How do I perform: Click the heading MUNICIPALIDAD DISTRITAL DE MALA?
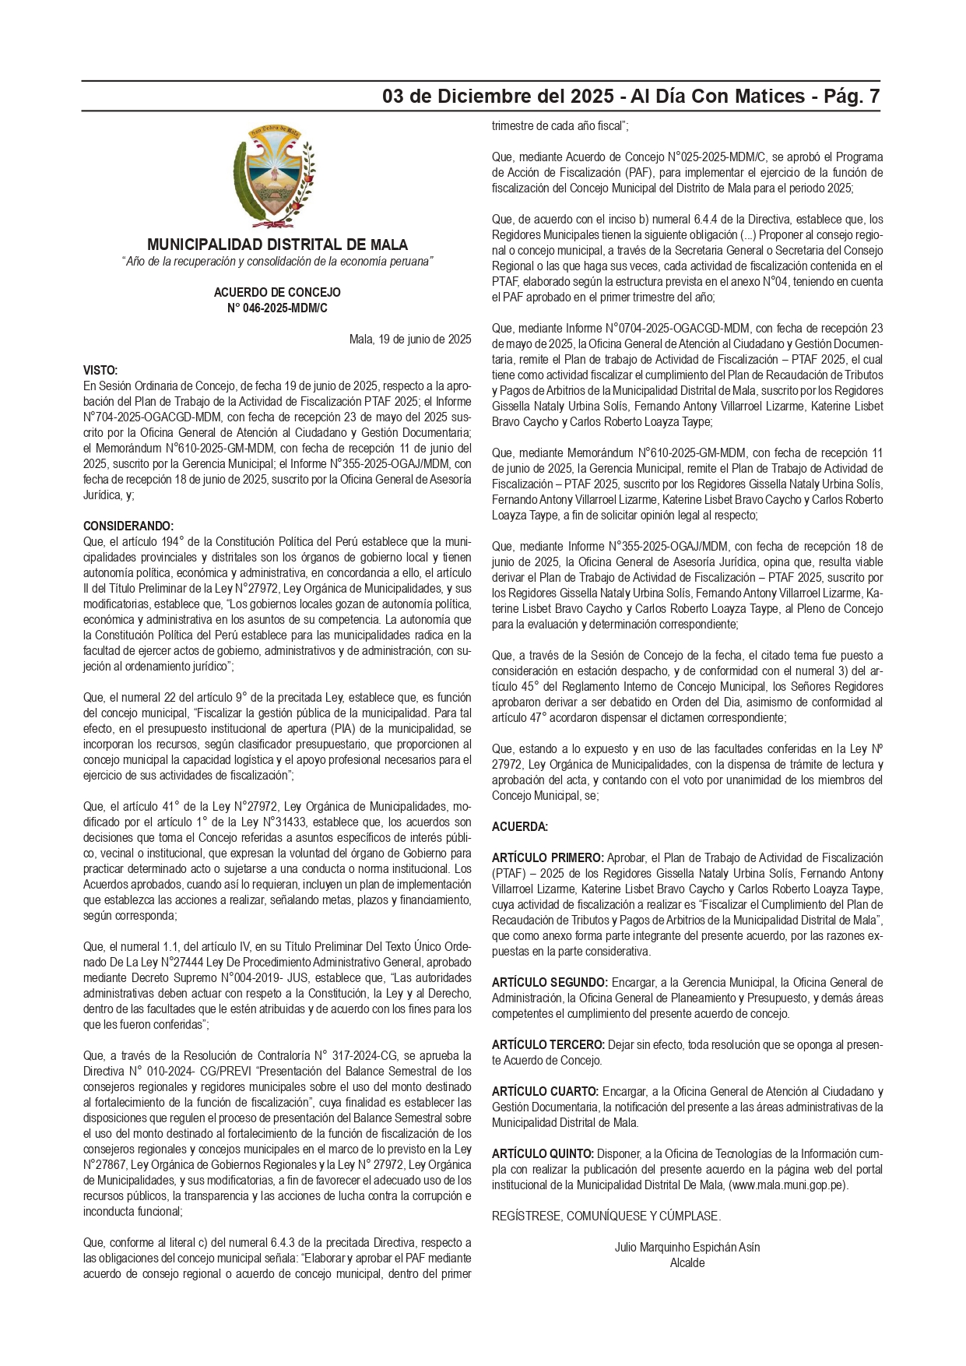pyautogui.click(x=277, y=245)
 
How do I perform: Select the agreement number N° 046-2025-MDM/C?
pyautogui.click(x=277, y=308)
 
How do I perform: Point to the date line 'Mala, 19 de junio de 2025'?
pyautogui.click(x=410, y=339)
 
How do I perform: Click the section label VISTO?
pyautogui.click(x=100, y=370)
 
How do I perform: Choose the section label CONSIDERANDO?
pyautogui.click(x=128, y=526)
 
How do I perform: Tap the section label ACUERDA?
pyautogui.click(x=520, y=826)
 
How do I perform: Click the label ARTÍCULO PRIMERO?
pyautogui.click(x=548, y=857)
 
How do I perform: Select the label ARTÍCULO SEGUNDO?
pyautogui.click(x=550, y=982)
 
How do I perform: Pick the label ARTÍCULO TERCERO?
pyautogui.click(x=548, y=1044)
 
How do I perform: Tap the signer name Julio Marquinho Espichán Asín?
pyautogui.click(x=687, y=1247)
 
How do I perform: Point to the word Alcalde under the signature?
pyautogui.click(x=687, y=1262)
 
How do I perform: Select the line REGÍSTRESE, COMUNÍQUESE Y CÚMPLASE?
pyautogui.click(x=606, y=1216)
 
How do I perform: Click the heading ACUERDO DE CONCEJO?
pyautogui.click(x=277, y=292)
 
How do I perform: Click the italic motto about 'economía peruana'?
pyautogui.click(x=277, y=262)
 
